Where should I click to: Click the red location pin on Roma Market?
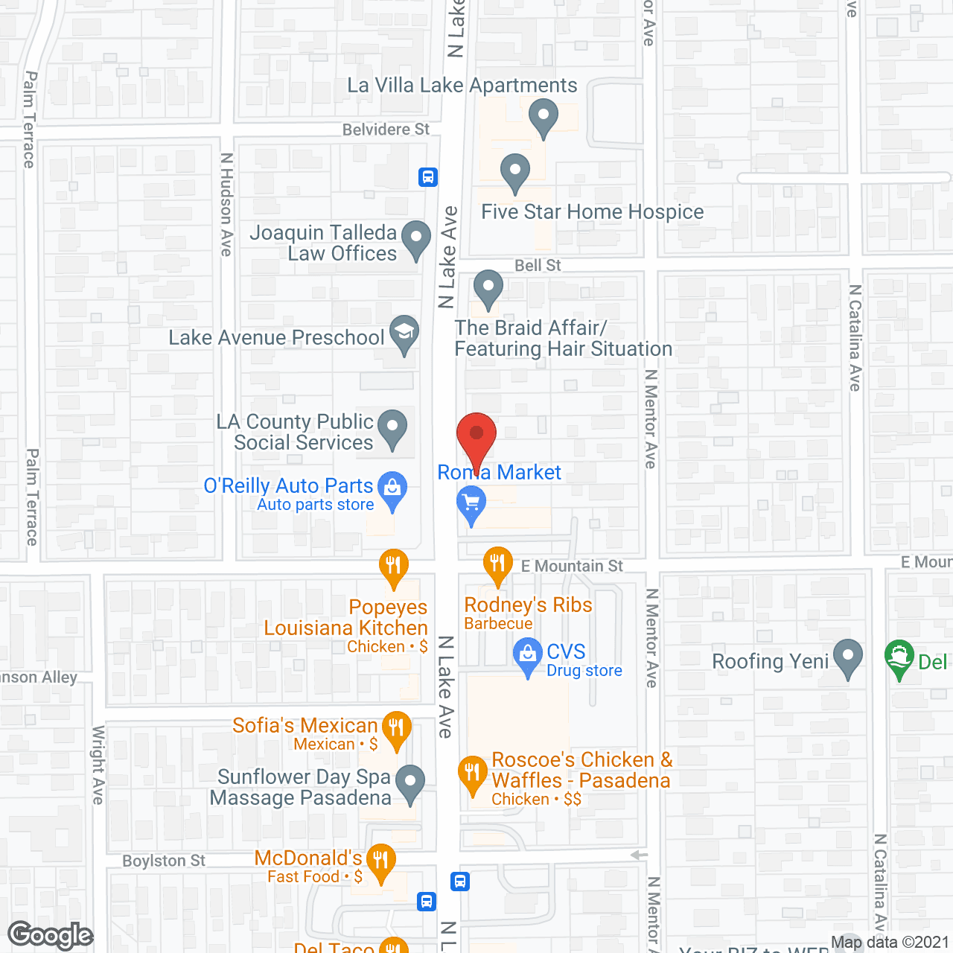point(476,436)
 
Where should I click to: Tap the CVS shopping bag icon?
point(528,655)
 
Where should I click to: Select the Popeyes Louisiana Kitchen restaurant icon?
point(394,567)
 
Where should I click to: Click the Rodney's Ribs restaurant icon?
point(498,564)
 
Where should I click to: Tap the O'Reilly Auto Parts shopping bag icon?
point(392,490)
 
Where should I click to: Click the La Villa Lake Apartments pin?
point(544,117)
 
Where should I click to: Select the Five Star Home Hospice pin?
point(514,172)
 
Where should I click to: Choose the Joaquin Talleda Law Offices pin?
point(416,239)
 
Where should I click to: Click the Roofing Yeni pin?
point(848,657)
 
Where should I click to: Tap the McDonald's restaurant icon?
point(380,862)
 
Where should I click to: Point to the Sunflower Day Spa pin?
point(409,783)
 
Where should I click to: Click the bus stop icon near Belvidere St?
point(428,177)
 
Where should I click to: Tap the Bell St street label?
point(538,266)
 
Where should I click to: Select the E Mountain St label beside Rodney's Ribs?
point(572,566)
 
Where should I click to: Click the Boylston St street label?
point(164,861)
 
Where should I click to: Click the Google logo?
point(51,935)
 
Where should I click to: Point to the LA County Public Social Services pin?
point(392,428)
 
